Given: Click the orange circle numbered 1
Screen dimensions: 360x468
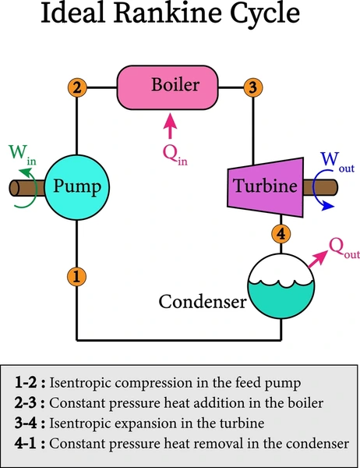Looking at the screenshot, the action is click(x=76, y=276).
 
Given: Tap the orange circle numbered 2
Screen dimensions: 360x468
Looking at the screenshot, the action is click(x=77, y=87).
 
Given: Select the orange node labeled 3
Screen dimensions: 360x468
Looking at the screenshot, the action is click(x=253, y=87).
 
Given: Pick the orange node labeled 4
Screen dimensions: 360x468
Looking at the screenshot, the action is click(x=281, y=234).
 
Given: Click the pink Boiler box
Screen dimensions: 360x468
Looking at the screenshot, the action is click(x=168, y=87).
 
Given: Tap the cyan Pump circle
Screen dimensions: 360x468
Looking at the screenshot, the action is click(x=77, y=187).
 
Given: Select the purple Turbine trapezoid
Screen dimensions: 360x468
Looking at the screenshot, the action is click(x=266, y=187).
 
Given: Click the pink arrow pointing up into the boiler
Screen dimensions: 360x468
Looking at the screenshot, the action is click(x=170, y=126).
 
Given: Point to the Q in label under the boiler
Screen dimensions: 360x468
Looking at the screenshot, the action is click(x=175, y=155).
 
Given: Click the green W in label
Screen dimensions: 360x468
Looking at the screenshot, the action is click(x=23, y=154).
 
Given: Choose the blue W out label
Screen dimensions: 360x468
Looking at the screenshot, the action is click(x=337, y=162).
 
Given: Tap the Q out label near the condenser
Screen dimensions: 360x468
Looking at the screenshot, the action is click(x=344, y=248).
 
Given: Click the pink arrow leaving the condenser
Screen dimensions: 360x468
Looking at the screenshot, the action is click(x=318, y=259).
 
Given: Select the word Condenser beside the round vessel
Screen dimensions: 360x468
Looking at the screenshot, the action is click(x=203, y=301).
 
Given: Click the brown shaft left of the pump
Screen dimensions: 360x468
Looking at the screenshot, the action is click(x=26, y=188).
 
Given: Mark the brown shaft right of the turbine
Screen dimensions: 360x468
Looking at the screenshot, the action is click(x=320, y=187).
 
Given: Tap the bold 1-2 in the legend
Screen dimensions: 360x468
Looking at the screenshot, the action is click(x=26, y=383).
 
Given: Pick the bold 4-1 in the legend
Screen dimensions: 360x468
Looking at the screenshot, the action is click(x=26, y=444).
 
